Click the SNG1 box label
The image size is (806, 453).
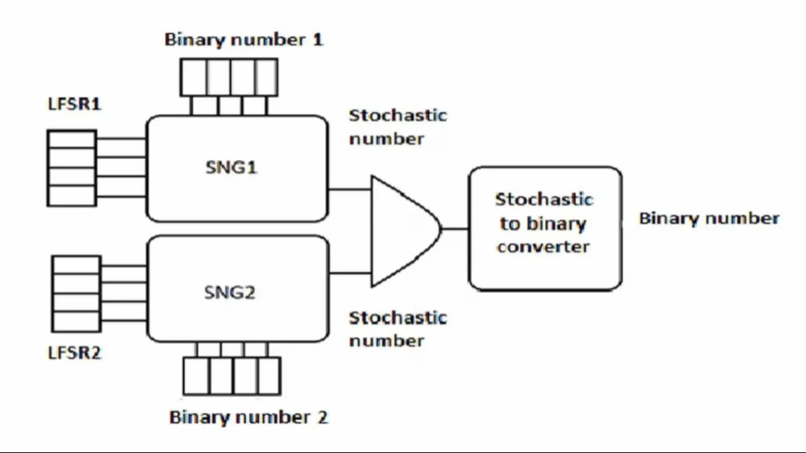[x=231, y=167]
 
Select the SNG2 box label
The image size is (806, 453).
[x=230, y=292]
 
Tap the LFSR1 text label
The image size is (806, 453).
[x=74, y=104]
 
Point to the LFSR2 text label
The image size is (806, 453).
[x=74, y=353]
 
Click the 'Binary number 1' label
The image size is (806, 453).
[x=244, y=40]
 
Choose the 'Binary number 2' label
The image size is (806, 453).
[x=249, y=417]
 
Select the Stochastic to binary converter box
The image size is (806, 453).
[x=545, y=228]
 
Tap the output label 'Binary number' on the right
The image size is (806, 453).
[x=709, y=218]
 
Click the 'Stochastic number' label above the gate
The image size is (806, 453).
[x=398, y=126]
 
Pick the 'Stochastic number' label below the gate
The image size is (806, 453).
[x=398, y=328]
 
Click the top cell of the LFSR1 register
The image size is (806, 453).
[x=72, y=140]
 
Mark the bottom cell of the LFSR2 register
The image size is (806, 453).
[x=76, y=322]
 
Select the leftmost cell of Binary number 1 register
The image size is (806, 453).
[x=193, y=77]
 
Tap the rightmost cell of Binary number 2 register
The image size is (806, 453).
[x=269, y=376]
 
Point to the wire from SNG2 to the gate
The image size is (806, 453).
[x=350, y=273]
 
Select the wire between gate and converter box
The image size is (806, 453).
[x=455, y=229]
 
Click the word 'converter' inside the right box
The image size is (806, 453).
[x=542, y=246]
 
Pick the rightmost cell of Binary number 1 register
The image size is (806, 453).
[x=266, y=77]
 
